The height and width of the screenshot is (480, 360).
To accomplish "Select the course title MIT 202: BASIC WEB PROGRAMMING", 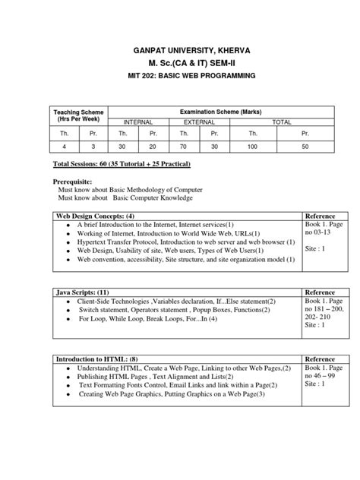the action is (180, 78).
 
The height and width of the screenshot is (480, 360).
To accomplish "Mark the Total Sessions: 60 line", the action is (122, 164).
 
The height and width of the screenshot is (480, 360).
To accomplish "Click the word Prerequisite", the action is (79, 183).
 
